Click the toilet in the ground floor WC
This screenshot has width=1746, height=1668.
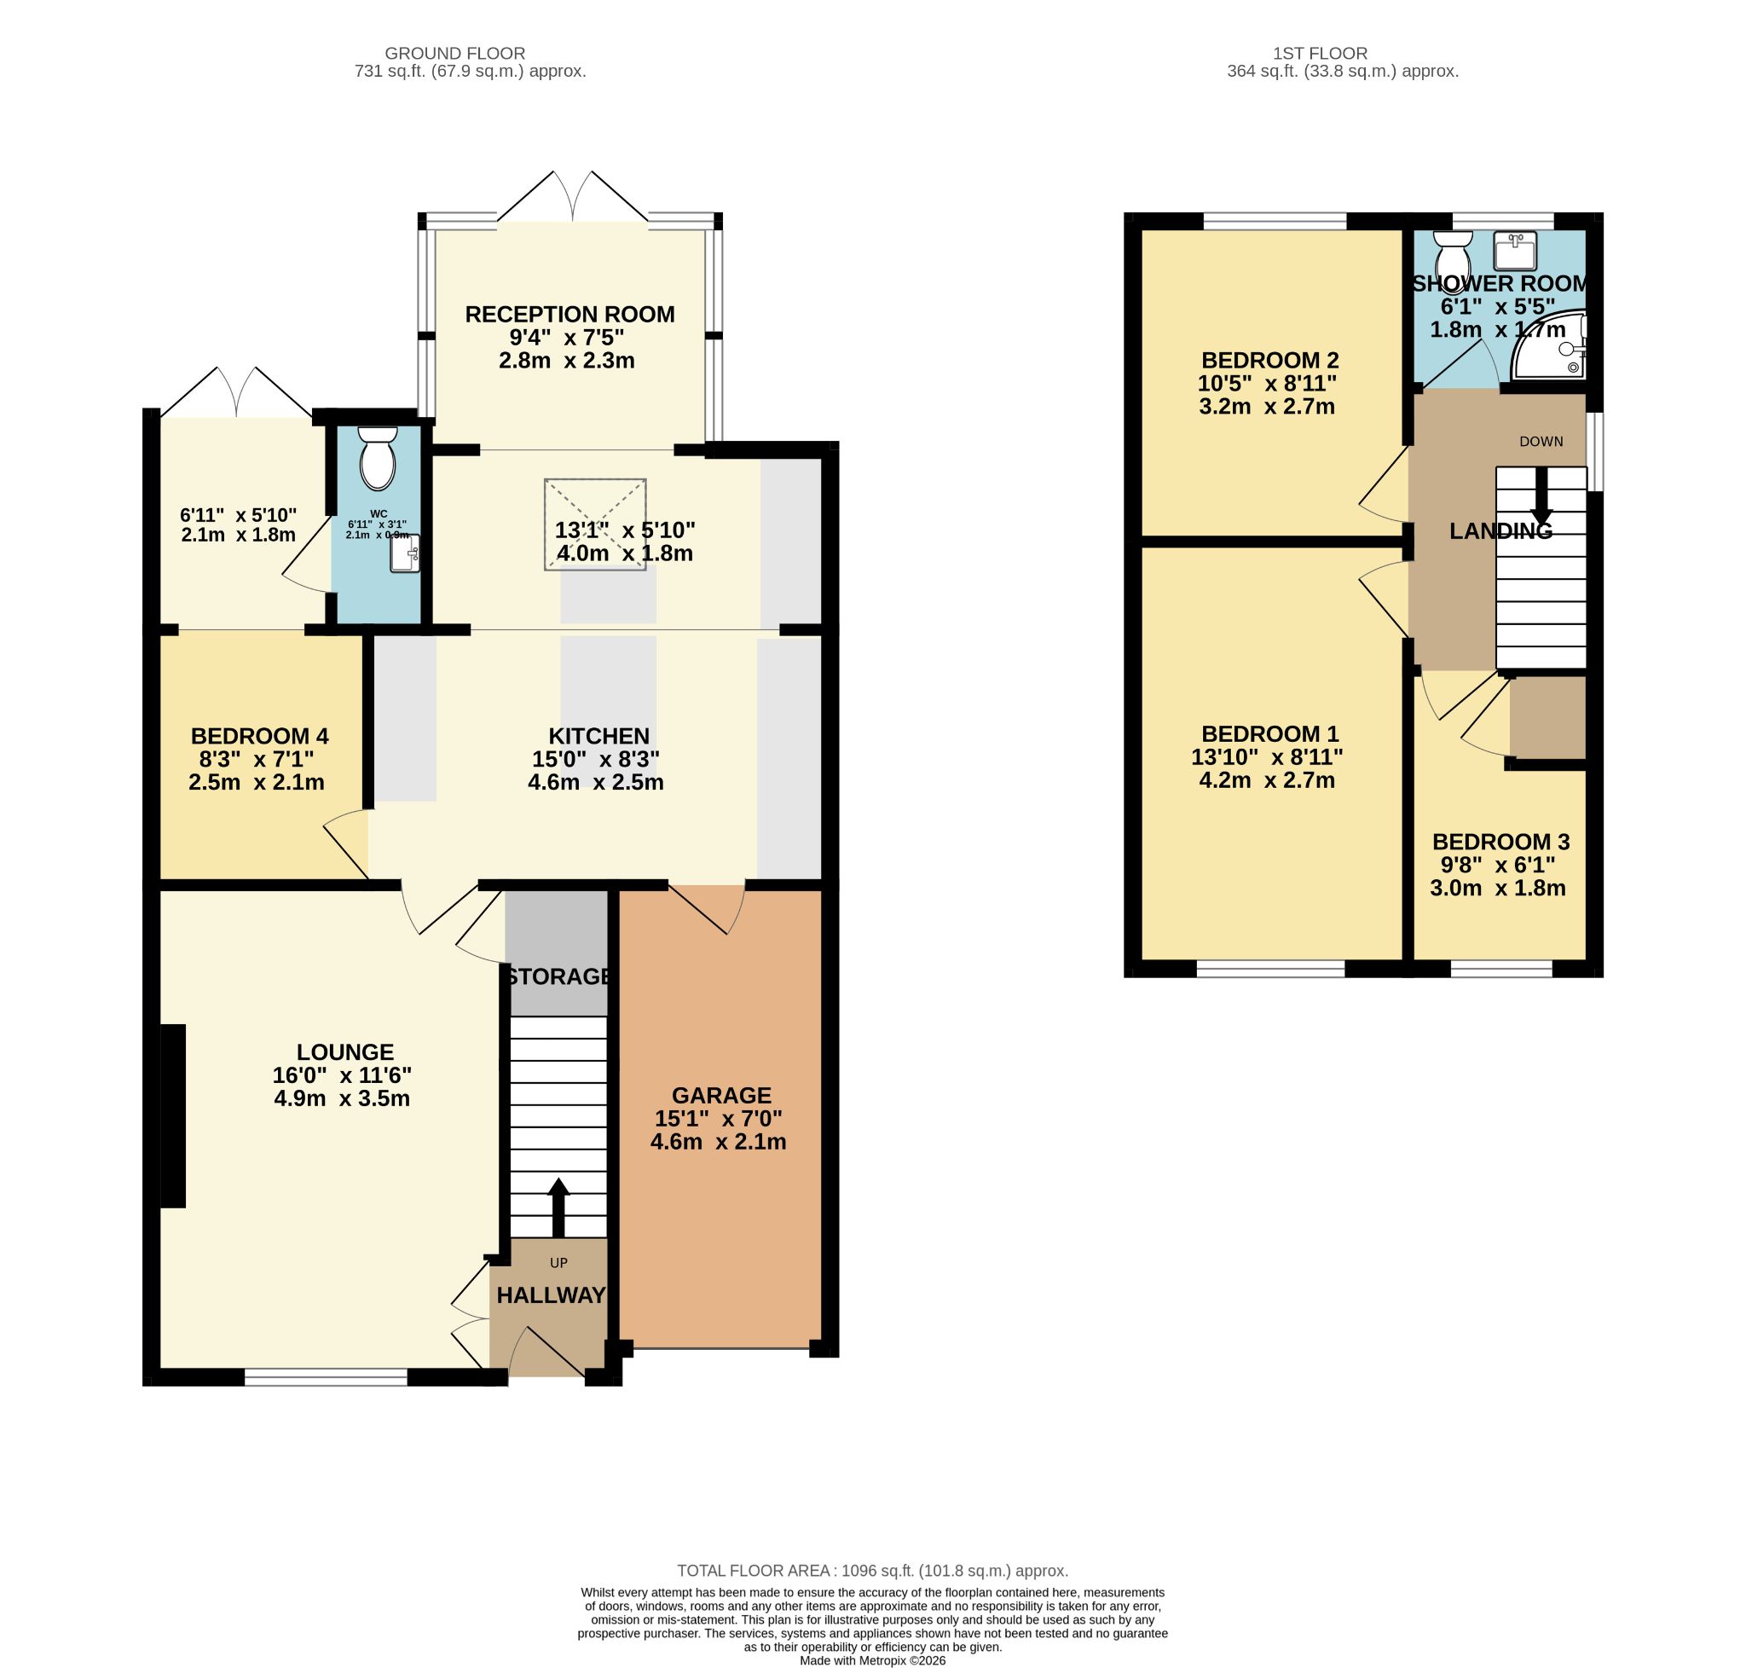[377, 458]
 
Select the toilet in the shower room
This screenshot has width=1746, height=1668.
[1453, 257]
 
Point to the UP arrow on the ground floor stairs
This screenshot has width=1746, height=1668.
[558, 1207]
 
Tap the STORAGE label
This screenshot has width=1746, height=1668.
[558, 976]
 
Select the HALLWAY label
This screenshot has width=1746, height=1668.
[550, 1295]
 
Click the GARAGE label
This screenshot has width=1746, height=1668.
[721, 1096]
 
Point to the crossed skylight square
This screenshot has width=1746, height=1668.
[595, 524]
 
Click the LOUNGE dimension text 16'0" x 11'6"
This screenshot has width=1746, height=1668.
[342, 1075]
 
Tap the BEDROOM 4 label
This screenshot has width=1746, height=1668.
[259, 736]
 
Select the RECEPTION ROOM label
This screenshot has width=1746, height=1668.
[569, 314]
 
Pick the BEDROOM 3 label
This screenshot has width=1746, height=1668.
[1500, 841]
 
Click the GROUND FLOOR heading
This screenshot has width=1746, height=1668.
[454, 54]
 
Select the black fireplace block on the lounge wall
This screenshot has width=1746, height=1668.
[172, 1116]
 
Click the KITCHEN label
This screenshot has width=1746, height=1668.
[598, 736]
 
